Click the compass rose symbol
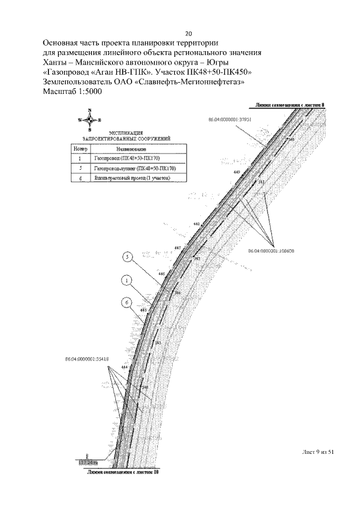(89, 120)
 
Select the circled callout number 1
(128, 280)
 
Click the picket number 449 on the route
(236, 172)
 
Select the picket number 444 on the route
(124, 367)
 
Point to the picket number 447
(178, 248)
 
